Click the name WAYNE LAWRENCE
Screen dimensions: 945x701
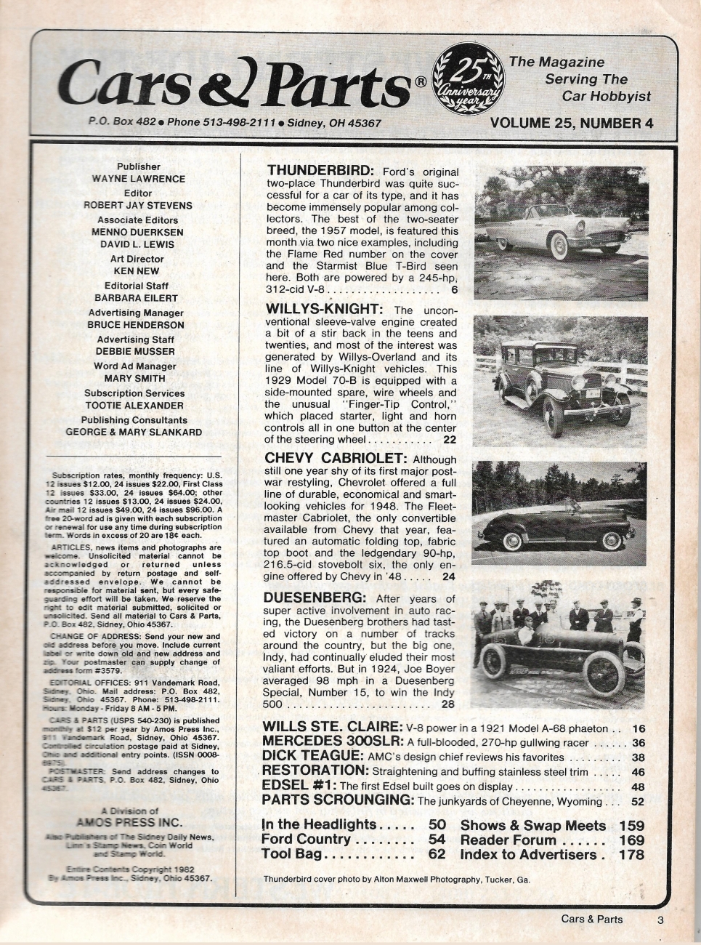pyautogui.click(x=138, y=179)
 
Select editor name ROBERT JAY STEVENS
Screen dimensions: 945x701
pyautogui.click(x=138, y=205)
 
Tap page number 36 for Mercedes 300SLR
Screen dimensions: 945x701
pyautogui.click(x=639, y=742)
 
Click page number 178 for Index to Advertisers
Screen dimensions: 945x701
pyautogui.click(x=631, y=855)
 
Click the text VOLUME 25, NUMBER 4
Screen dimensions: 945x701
pyautogui.click(x=572, y=123)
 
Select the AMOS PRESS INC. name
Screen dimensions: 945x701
pyautogui.click(x=129, y=823)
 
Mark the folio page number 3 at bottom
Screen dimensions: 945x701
pyautogui.click(x=660, y=920)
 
